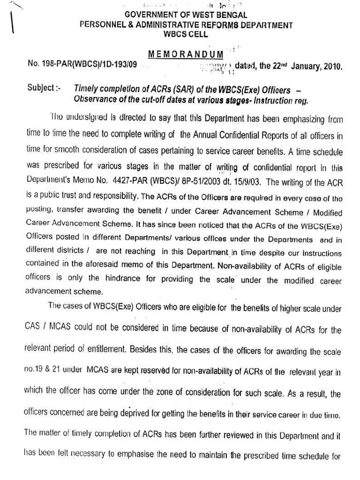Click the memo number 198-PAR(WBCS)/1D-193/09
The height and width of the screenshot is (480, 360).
point(82,65)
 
